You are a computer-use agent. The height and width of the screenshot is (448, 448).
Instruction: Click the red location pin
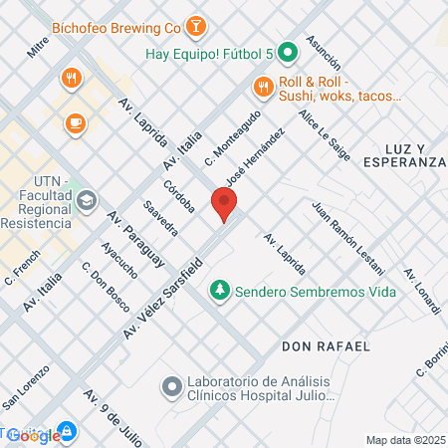[x=224, y=205]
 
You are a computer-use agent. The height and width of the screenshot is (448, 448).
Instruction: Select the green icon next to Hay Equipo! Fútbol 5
[x=287, y=53]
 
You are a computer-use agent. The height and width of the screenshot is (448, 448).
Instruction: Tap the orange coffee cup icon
[x=76, y=122]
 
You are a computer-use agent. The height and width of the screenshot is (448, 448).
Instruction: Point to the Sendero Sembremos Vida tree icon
[x=218, y=292]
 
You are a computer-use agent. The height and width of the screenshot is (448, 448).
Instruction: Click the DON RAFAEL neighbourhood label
[x=326, y=346]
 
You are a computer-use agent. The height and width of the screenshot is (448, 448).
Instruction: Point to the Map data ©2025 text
[x=404, y=440]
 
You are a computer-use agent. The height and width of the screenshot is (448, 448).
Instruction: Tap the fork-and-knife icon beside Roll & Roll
[x=263, y=88]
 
